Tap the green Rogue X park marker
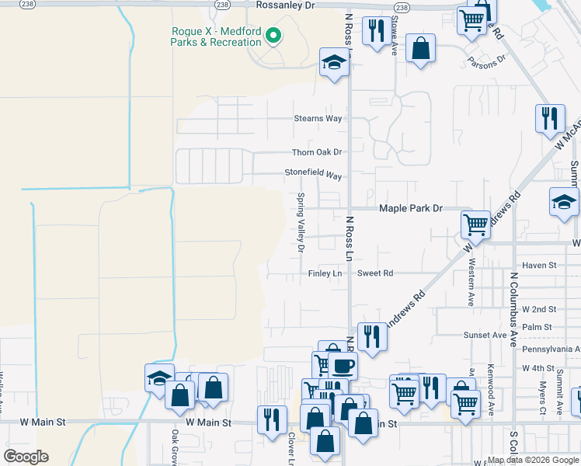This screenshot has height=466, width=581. pyautogui.click(x=273, y=36)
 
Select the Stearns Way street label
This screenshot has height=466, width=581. pyautogui.click(x=318, y=118)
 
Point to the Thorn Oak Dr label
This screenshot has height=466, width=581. pyautogui.click(x=317, y=152)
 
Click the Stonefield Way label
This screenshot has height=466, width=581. pyautogui.click(x=313, y=176)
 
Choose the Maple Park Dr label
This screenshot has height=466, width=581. pyautogui.click(x=410, y=208)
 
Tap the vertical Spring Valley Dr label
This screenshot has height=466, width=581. pyautogui.click(x=301, y=222)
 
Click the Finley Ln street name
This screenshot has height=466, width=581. pyautogui.click(x=325, y=273)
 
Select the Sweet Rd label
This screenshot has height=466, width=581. pyautogui.click(x=375, y=273)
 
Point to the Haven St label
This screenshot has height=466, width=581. pyautogui.click(x=540, y=265)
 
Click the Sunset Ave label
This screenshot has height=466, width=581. pyautogui.click(x=485, y=335)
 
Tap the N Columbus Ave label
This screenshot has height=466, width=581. pyautogui.click(x=513, y=308)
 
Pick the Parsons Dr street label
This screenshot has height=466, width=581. pyautogui.click(x=485, y=61)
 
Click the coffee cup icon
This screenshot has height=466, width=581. pyautogui.click(x=342, y=364)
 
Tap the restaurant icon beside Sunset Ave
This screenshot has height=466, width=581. pyautogui.click(x=372, y=336)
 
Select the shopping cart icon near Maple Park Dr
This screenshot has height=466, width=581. pyautogui.click(x=475, y=225)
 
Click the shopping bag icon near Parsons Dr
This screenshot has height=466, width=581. pyautogui.click(x=420, y=48)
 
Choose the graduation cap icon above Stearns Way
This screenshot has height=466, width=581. pyautogui.click(x=335, y=63)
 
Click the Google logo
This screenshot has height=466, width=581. pyautogui.click(x=26, y=457)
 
